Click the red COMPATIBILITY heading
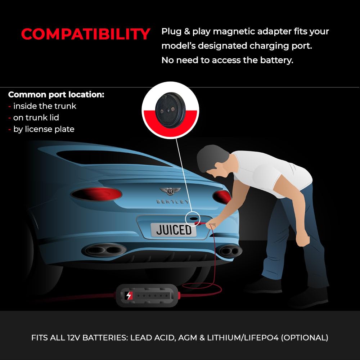coord(86,34)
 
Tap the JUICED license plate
coord(174,230)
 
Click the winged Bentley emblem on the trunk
coord(170,191)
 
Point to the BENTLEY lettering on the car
coord(172,202)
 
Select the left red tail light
coord(96,194)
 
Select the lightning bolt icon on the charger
coord(129,296)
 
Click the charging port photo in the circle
coord(170,110)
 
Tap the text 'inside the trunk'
coord(45,106)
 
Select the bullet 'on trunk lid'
coord(36,118)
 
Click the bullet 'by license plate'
coord(44,129)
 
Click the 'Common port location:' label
coord(56,95)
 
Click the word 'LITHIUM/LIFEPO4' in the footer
coord(243,338)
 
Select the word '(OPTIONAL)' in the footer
coord(305,338)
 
